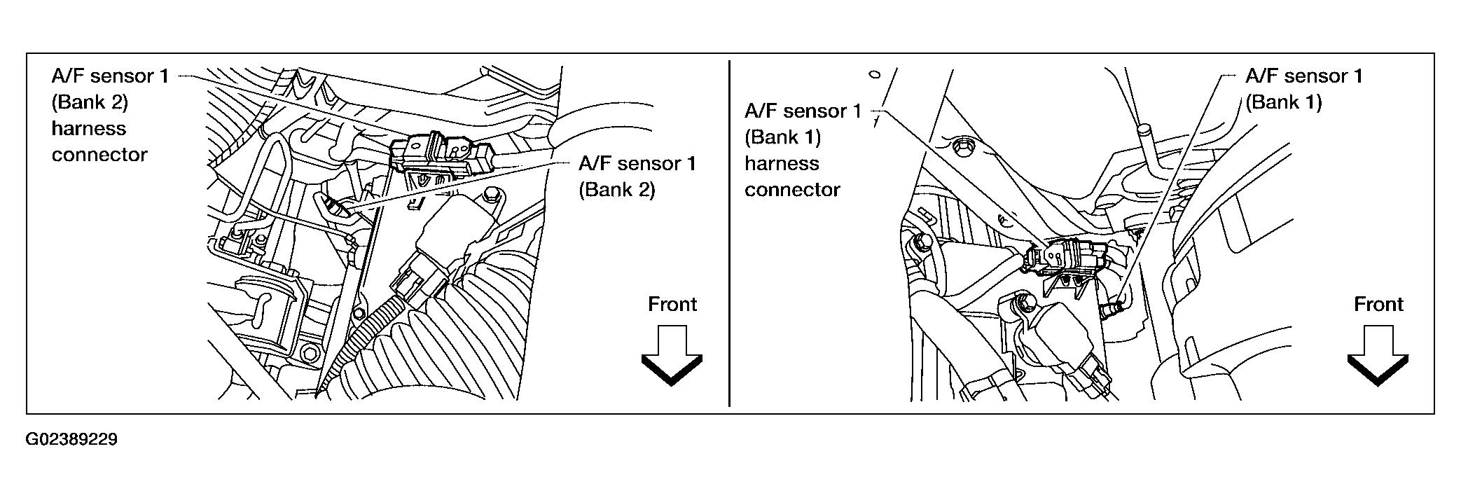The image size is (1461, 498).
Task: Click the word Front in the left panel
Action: click(x=672, y=304)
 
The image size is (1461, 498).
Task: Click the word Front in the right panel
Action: click(x=1378, y=304)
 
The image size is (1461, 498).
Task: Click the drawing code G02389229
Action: click(x=71, y=440)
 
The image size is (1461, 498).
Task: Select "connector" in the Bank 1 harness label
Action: click(x=792, y=190)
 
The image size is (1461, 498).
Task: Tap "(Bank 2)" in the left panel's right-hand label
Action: click(x=616, y=190)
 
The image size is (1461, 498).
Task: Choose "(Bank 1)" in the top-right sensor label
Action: click(x=1283, y=102)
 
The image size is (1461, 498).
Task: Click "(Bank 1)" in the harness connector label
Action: click(x=782, y=137)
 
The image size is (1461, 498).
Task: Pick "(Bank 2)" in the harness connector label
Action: click(x=90, y=102)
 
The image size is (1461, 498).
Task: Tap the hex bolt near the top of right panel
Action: click(x=962, y=148)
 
